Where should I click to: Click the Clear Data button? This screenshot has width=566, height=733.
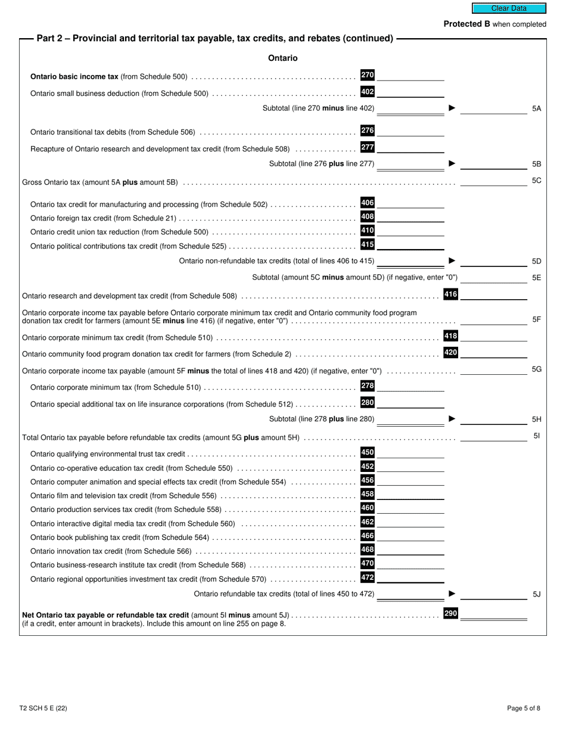509,8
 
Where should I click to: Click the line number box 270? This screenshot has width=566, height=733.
368,75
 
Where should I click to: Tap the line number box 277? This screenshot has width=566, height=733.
368,147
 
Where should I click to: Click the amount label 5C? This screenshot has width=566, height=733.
536,181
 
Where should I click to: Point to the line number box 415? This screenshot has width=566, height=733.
368,244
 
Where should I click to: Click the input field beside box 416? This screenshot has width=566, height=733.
494,294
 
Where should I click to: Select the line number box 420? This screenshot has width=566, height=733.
451,353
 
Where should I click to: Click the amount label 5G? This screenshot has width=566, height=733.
536,369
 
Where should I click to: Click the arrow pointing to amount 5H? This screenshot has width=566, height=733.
452,419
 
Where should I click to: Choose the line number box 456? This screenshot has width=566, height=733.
368,480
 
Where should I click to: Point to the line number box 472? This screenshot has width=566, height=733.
368,577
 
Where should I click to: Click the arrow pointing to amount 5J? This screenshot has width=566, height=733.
452,594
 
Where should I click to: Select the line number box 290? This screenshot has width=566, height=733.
451,613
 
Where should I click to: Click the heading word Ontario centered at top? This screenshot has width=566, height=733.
283,58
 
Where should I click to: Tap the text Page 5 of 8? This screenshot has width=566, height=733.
524,709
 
